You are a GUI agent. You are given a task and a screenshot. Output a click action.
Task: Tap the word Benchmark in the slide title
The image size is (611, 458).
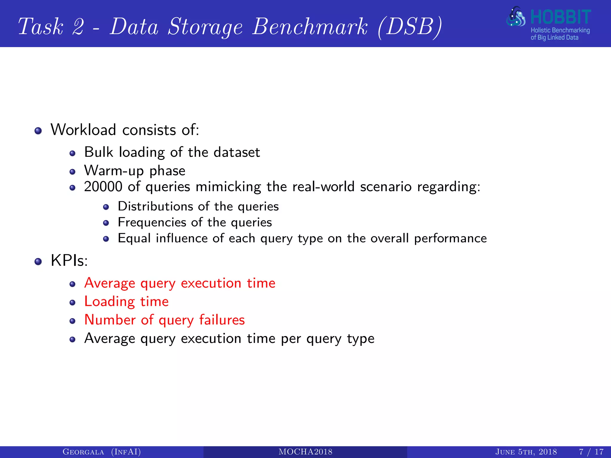click(310, 27)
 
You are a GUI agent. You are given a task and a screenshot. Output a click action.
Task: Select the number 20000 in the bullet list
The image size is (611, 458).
click(103, 187)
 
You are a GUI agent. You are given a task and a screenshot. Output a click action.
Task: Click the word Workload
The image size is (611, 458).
click(83, 130)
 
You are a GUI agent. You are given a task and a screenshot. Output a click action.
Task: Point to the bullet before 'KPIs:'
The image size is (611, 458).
click(38, 262)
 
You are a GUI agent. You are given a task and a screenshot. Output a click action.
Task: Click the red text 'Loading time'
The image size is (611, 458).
click(126, 301)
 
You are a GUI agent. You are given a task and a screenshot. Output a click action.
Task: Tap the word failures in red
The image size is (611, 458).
click(222, 320)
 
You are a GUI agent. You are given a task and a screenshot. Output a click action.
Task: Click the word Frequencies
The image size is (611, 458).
click(152, 222)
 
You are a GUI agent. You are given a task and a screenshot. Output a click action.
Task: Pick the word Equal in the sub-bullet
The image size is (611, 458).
click(134, 238)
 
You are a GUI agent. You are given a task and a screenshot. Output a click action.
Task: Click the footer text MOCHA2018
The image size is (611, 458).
click(305, 452)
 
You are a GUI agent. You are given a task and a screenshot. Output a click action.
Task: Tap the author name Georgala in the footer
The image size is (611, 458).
click(83, 452)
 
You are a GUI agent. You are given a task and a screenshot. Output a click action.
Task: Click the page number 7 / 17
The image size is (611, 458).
click(591, 452)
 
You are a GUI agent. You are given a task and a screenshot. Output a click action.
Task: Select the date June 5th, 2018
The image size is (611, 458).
click(526, 452)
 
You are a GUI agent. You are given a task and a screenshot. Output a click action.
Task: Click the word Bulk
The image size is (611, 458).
click(99, 152)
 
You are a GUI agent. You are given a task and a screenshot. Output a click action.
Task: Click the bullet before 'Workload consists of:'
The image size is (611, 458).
click(38, 131)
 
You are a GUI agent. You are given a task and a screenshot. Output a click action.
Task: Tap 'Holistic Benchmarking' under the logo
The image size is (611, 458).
click(560, 30)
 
